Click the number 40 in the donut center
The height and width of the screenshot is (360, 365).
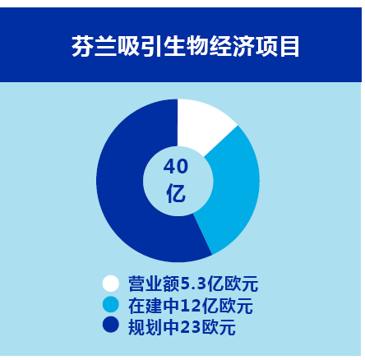tap(176, 167)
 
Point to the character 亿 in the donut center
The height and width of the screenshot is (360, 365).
tap(176, 194)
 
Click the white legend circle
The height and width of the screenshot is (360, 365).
tap(111, 284)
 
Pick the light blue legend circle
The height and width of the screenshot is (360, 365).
tap(111, 304)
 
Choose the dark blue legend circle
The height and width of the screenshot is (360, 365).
tap(111, 325)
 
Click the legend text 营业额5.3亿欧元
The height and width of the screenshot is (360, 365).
tap(193, 284)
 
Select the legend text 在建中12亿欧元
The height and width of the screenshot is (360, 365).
tap(191, 306)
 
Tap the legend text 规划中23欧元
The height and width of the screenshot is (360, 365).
tap(182, 327)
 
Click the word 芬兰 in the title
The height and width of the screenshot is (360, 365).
tap(94, 46)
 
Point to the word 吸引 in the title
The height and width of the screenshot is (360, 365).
tap(140, 46)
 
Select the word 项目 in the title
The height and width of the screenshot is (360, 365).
tap(277, 46)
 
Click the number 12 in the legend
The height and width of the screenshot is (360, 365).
tap(190, 306)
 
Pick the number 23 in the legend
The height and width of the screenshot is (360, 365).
tap(192, 327)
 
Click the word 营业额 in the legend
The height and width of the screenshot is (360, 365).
tap(154, 284)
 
